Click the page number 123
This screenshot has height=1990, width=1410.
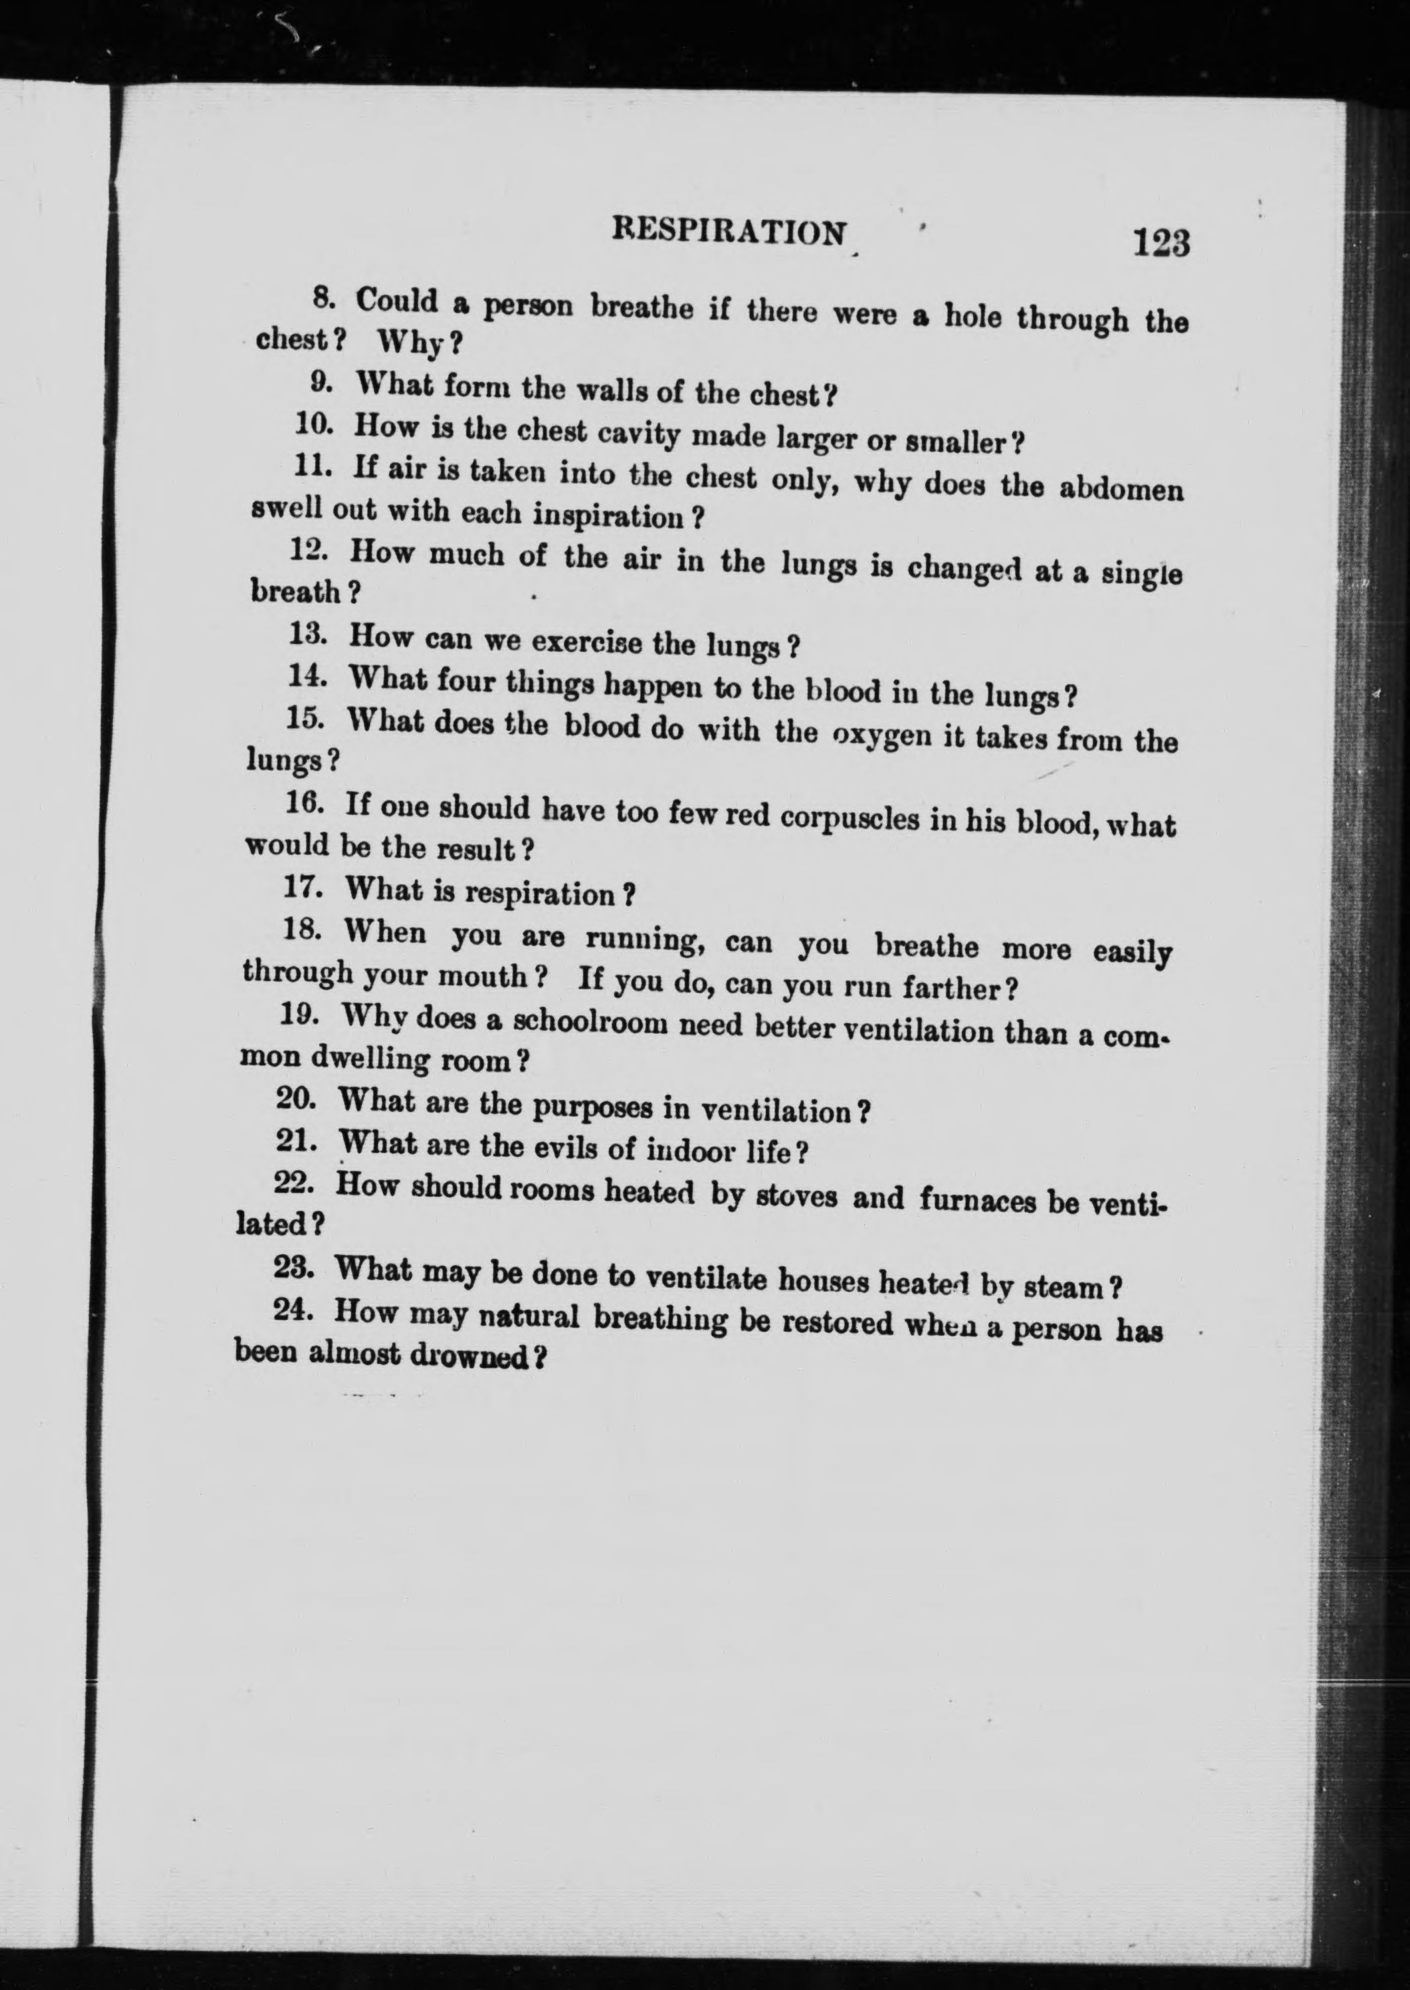coord(1160,242)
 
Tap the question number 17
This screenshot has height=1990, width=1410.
coord(303,888)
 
